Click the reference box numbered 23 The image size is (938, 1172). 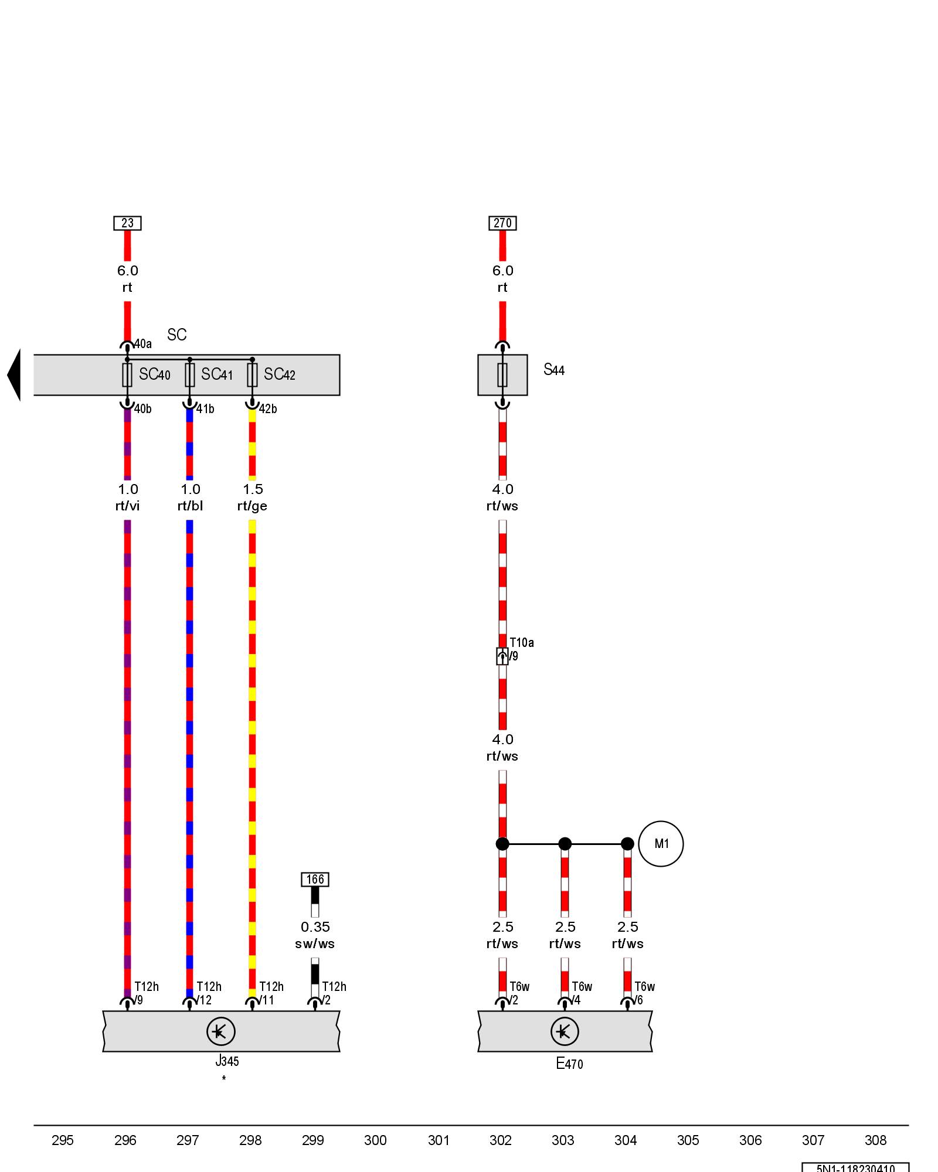point(127,223)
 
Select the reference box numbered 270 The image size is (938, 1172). point(502,223)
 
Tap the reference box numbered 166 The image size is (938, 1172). point(315,879)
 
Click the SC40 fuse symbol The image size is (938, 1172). point(127,375)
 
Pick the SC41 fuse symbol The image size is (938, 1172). point(190,375)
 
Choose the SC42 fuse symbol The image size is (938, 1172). point(252,375)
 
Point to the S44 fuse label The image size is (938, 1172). point(553,370)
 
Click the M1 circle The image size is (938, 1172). point(661,844)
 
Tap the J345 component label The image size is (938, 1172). point(227,1061)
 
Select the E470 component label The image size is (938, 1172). point(569,1063)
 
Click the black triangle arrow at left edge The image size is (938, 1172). point(14,375)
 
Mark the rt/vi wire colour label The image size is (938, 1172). point(127,506)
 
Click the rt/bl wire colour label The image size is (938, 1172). point(190,506)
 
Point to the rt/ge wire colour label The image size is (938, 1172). point(252,506)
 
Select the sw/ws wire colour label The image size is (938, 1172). point(315,943)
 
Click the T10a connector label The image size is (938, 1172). point(521,643)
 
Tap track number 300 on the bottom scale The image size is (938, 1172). point(375,1140)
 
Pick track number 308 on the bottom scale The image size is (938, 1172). point(875,1140)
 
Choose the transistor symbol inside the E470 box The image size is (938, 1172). point(565,1031)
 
